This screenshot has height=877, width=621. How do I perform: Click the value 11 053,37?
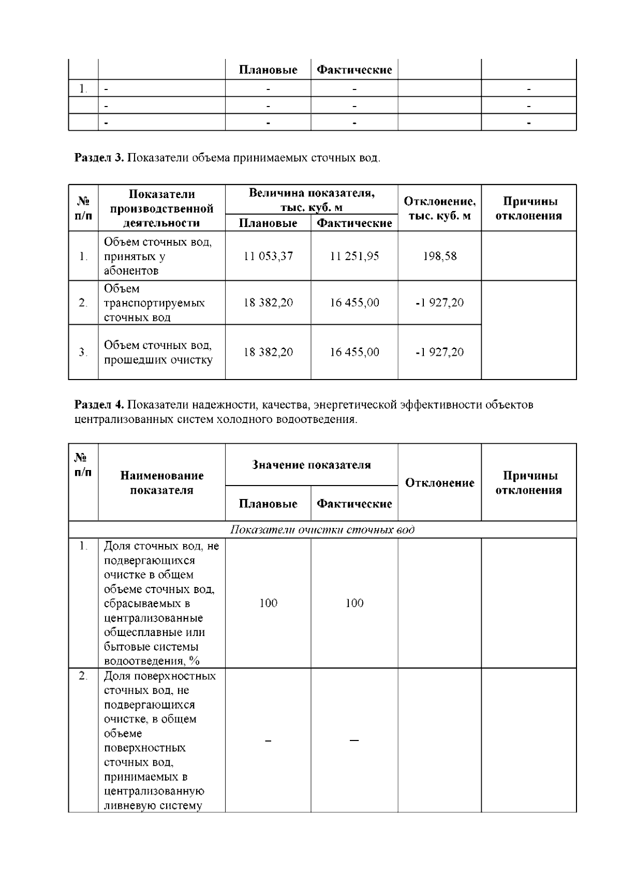(268, 256)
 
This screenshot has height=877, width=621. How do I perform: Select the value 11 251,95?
(354, 256)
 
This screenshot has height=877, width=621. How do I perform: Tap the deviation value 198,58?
(439, 256)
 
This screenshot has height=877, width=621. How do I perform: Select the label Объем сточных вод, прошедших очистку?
(158, 352)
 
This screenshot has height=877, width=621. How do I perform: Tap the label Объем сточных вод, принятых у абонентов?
(158, 256)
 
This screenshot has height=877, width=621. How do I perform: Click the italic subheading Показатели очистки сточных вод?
(322, 530)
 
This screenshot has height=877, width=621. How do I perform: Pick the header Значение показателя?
(311, 464)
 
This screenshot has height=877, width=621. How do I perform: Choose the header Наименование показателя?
(161, 482)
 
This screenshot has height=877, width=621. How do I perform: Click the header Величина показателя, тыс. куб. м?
(311, 200)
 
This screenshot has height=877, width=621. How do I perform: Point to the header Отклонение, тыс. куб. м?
(439, 208)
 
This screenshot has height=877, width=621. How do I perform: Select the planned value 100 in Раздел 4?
(268, 603)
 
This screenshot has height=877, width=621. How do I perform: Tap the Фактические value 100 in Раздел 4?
(354, 603)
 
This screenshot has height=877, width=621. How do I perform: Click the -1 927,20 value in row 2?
(439, 303)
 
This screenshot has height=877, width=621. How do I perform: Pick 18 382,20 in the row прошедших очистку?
(268, 352)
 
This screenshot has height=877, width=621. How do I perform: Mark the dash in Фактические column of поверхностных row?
(354, 740)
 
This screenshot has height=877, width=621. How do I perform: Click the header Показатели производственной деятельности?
(161, 208)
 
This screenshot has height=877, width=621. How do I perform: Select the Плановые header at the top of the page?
(268, 70)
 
